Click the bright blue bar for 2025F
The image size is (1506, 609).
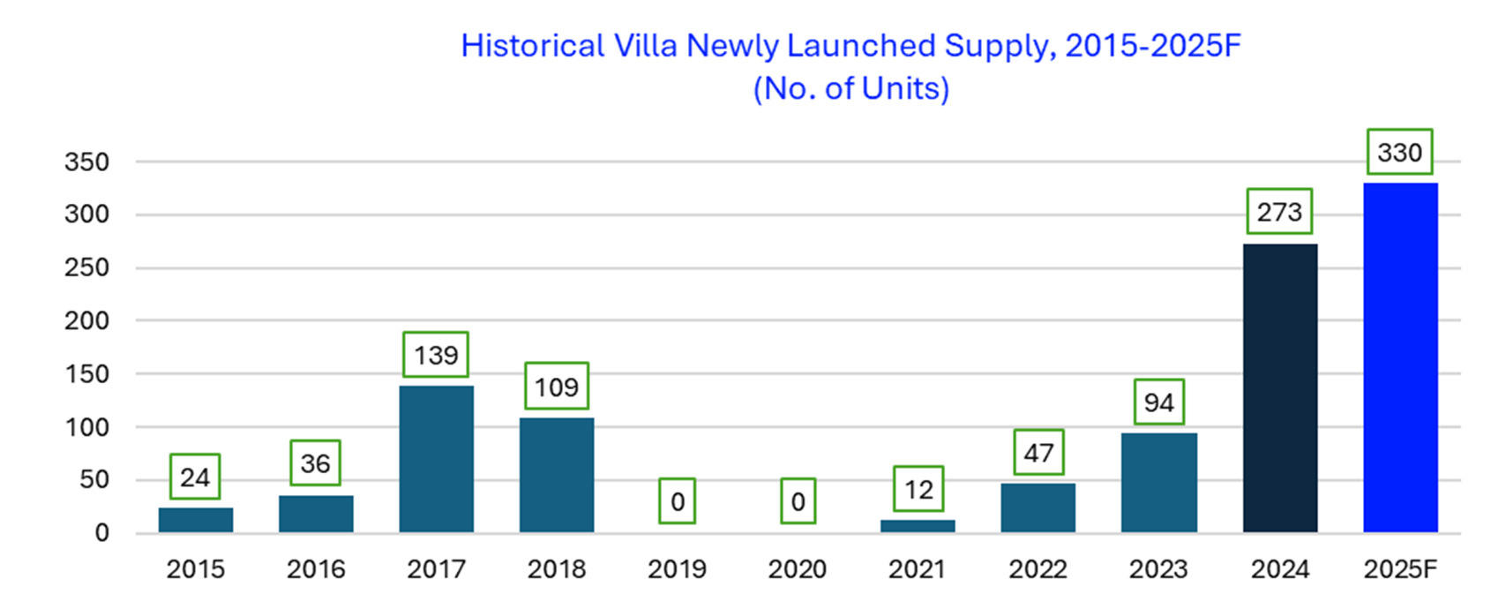[x=1400, y=357]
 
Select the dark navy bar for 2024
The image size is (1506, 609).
[x=1279, y=388]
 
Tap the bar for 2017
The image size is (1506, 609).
[x=436, y=459]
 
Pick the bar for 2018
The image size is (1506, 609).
[x=556, y=475]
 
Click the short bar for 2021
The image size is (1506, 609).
[x=918, y=526]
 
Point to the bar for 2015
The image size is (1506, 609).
[x=196, y=520]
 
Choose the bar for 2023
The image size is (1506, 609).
[x=1158, y=483]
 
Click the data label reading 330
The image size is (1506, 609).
[x=1399, y=153]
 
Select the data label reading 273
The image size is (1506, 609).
[x=1279, y=212]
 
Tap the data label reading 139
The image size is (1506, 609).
[x=436, y=355]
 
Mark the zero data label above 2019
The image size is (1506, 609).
[x=677, y=501]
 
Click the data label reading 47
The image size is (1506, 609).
[x=1038, y=453]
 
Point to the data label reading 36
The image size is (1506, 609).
[x=315, y=463]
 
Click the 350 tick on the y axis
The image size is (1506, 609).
[x=86, y=162]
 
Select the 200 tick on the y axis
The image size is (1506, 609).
[x=86, y=321]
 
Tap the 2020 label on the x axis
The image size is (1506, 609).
[x=797, y=569]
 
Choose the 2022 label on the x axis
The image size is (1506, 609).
[x=1038, y=569]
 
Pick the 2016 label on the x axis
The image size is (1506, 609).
[x=315, y=569]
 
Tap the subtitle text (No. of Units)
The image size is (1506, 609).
[x=850, y=88]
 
